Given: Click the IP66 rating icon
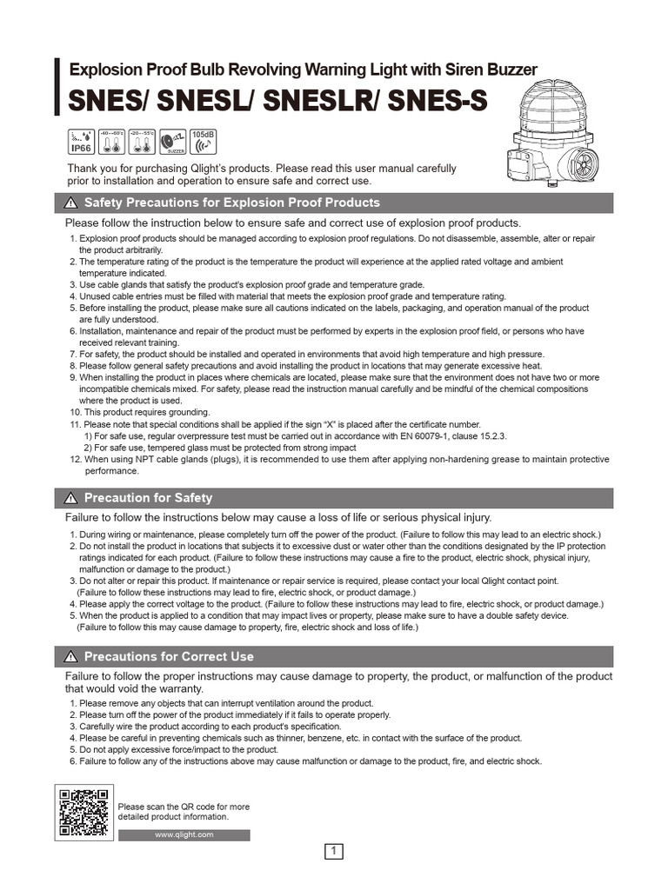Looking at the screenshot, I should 82,141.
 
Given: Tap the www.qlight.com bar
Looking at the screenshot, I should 184,835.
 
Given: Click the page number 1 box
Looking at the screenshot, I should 334,852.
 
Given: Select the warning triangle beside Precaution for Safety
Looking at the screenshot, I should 70,499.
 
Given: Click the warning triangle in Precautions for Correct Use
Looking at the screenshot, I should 70,657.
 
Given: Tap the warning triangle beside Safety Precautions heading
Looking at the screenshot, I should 70,203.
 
